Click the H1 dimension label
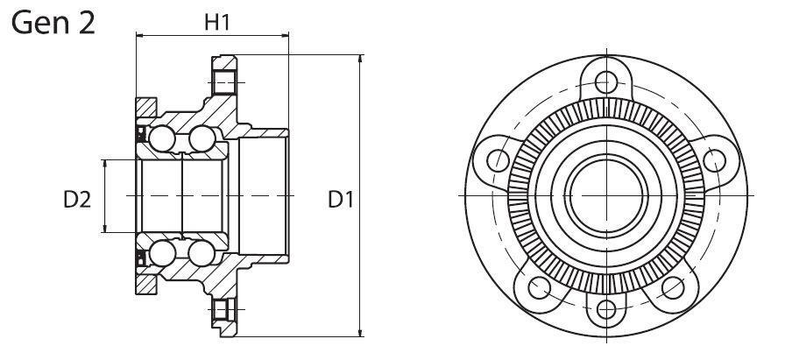point(217,22)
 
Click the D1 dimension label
point(341,200)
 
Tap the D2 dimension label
point(77,200)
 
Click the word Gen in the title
point(38,24)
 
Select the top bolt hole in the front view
point(606,82)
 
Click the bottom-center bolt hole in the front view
point(606,309)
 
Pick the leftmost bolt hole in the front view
point(498,160)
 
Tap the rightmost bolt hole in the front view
point(714,160)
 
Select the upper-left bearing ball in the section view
point(162,138)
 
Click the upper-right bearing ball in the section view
point(202,138)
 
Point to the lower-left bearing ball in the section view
point(162,253)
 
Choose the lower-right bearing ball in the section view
point(202,253)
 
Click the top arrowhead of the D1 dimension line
point(360,59)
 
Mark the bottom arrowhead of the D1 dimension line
point(360,332)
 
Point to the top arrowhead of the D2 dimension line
point(104,164)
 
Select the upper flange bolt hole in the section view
point(223,82)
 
